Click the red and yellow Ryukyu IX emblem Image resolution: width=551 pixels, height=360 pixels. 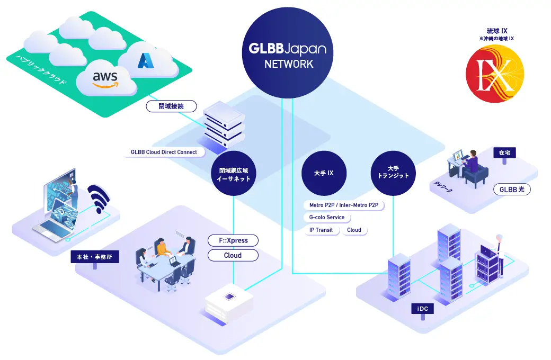494,74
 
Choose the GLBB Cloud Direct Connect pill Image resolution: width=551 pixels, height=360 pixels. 163,152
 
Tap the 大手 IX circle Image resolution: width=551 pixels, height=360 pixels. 324,174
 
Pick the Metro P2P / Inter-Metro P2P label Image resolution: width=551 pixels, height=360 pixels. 343,205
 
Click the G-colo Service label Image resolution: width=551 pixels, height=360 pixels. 327,218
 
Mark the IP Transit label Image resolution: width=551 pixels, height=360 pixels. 322,230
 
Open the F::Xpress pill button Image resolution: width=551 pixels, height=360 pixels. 233,241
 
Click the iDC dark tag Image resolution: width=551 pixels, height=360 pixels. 422,308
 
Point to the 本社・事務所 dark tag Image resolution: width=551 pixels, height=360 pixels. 95,257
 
